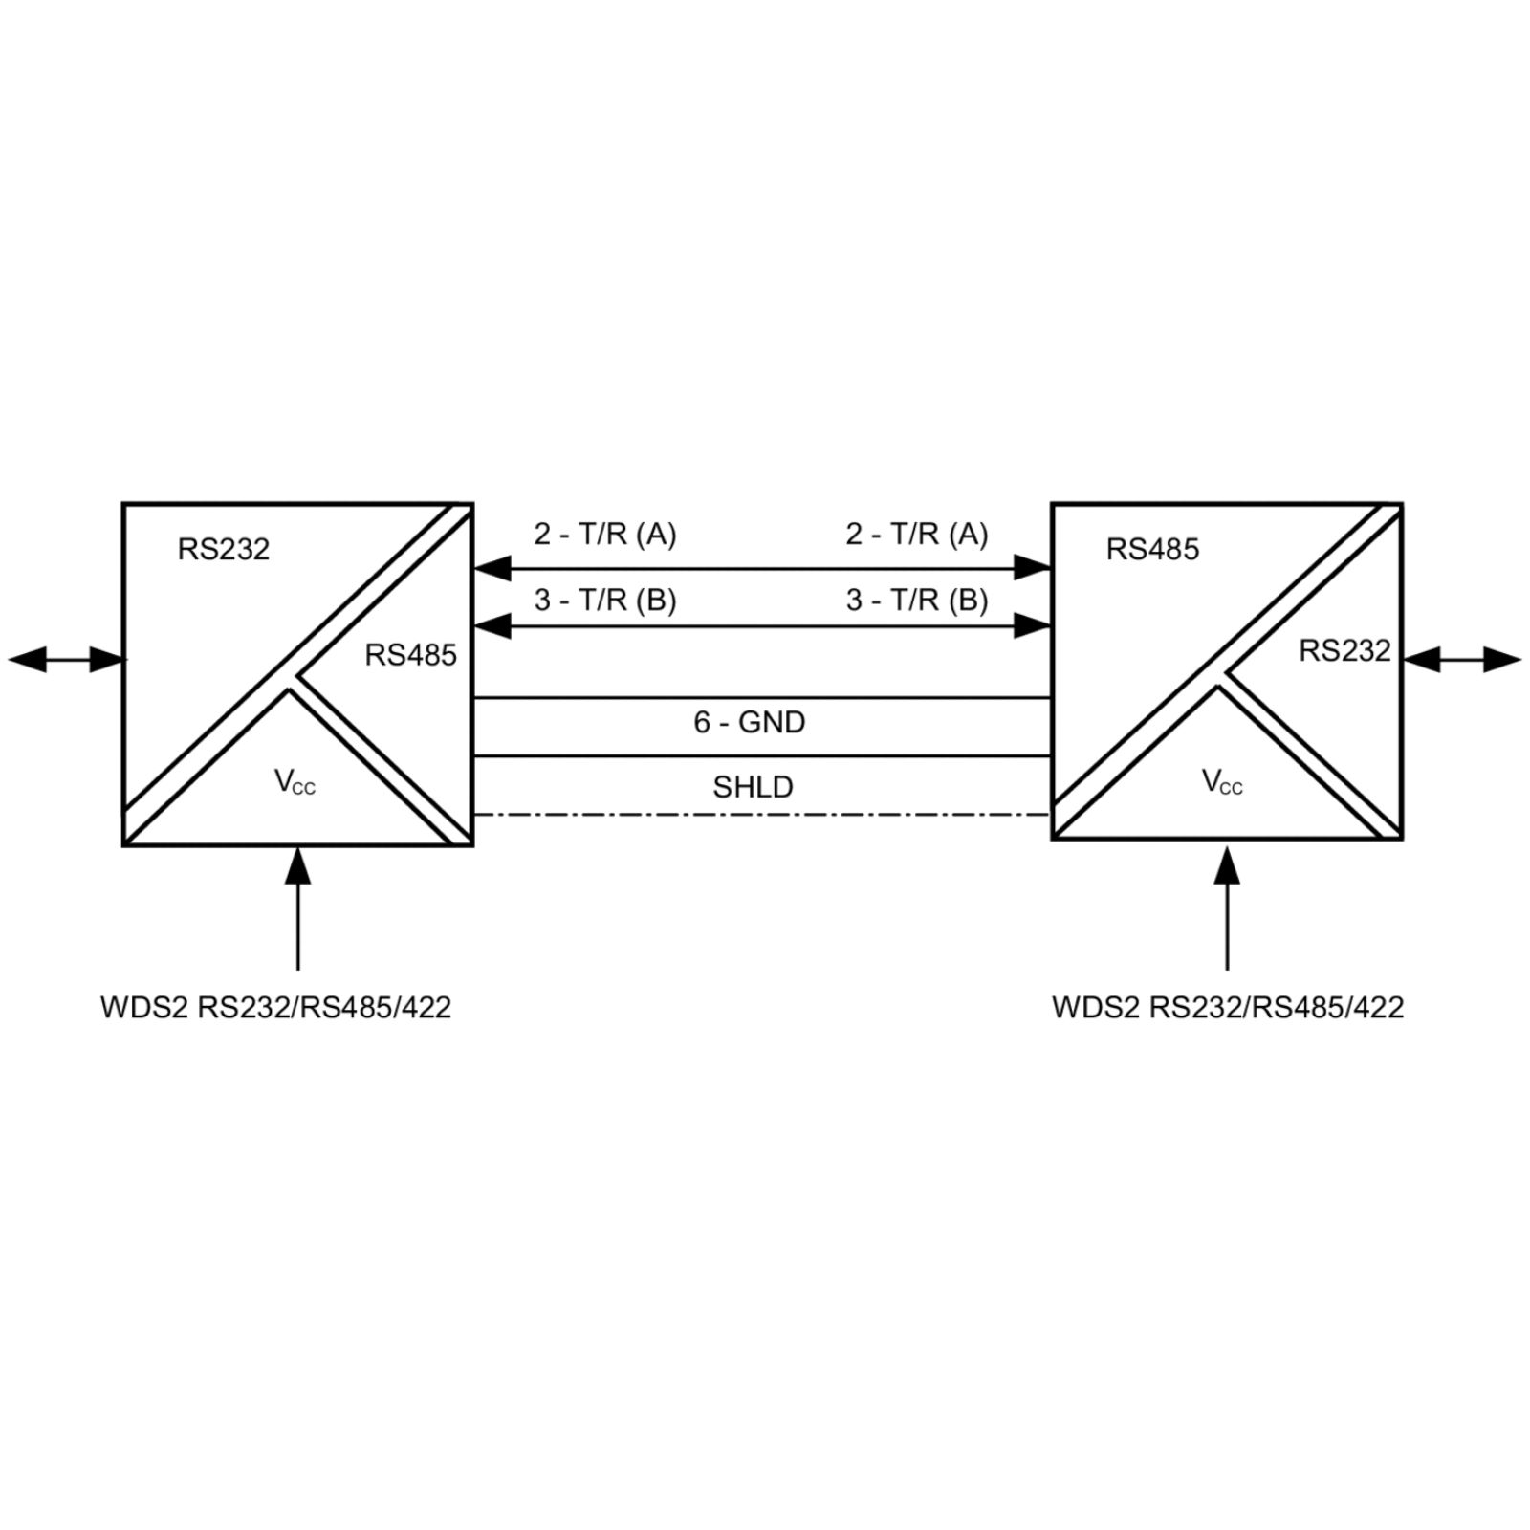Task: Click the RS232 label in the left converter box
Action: (x=224, y=549)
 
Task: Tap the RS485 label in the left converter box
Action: (x=411, y=655)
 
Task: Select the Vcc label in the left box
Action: (x=295, y=781)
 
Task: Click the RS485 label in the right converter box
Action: (x=1152, y=549)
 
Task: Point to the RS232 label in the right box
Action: (x=1344, y=650)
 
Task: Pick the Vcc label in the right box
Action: (x=1222, y=781)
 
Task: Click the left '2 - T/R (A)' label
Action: (x=605, y=534)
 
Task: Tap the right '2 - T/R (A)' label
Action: (x=917, y=534)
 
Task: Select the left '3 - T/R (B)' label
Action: (x=605, y=600)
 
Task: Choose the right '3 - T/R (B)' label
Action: (x=917, y=600)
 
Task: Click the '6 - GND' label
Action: (x=750, y=722)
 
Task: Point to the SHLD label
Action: (x=754, y=787)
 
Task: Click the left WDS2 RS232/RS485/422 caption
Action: (x=275, y=1007)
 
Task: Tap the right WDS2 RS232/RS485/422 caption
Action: (x=1228, y=1007)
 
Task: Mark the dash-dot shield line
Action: (x=762, y=815)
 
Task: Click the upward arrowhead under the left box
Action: (x=298, y=865)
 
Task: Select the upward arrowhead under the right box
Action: (x=1228, y=863)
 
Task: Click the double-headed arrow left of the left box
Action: (x=67, y=659)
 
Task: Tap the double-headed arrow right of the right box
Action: (x=1462, y=659)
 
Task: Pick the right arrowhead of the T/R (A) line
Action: (x=1033, y=568)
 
